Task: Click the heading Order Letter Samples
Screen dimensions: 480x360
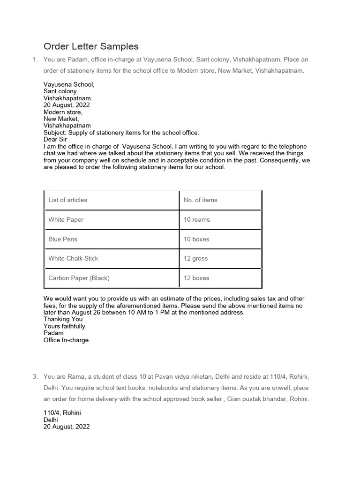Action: tap(91, 46)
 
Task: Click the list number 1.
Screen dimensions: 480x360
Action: tap(34, 60)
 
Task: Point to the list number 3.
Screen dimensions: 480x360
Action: tap(34, 377)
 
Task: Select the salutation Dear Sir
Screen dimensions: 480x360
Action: tap(55, 140)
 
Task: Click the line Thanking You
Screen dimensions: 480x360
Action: tap(63, 319)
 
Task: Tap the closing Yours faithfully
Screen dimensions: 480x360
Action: tap(64, 326)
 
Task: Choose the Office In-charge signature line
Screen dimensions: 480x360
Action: tap(66, 340)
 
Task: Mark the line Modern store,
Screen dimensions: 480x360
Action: tap(63, 112)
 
